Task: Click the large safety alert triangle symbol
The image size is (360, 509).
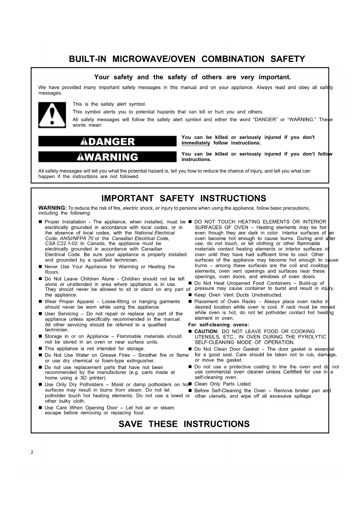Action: (52, 115)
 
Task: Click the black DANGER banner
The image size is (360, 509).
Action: (107, 142)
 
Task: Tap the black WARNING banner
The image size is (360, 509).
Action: (107, 157)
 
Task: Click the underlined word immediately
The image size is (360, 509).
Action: (196, 143)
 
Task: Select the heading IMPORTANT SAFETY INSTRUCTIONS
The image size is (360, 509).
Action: (184, 198)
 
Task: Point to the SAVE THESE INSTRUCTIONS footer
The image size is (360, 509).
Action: (184, 424)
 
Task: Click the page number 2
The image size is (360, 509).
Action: (32, 452)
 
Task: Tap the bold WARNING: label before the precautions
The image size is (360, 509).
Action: (53, 208)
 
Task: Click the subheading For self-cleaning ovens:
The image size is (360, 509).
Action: (218, 325)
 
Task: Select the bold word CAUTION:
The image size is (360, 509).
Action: (206, 331)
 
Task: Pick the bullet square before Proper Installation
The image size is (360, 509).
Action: (40, 222)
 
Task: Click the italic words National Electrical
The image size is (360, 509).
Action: (155, 233)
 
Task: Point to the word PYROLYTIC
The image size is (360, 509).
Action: (310, 337)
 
